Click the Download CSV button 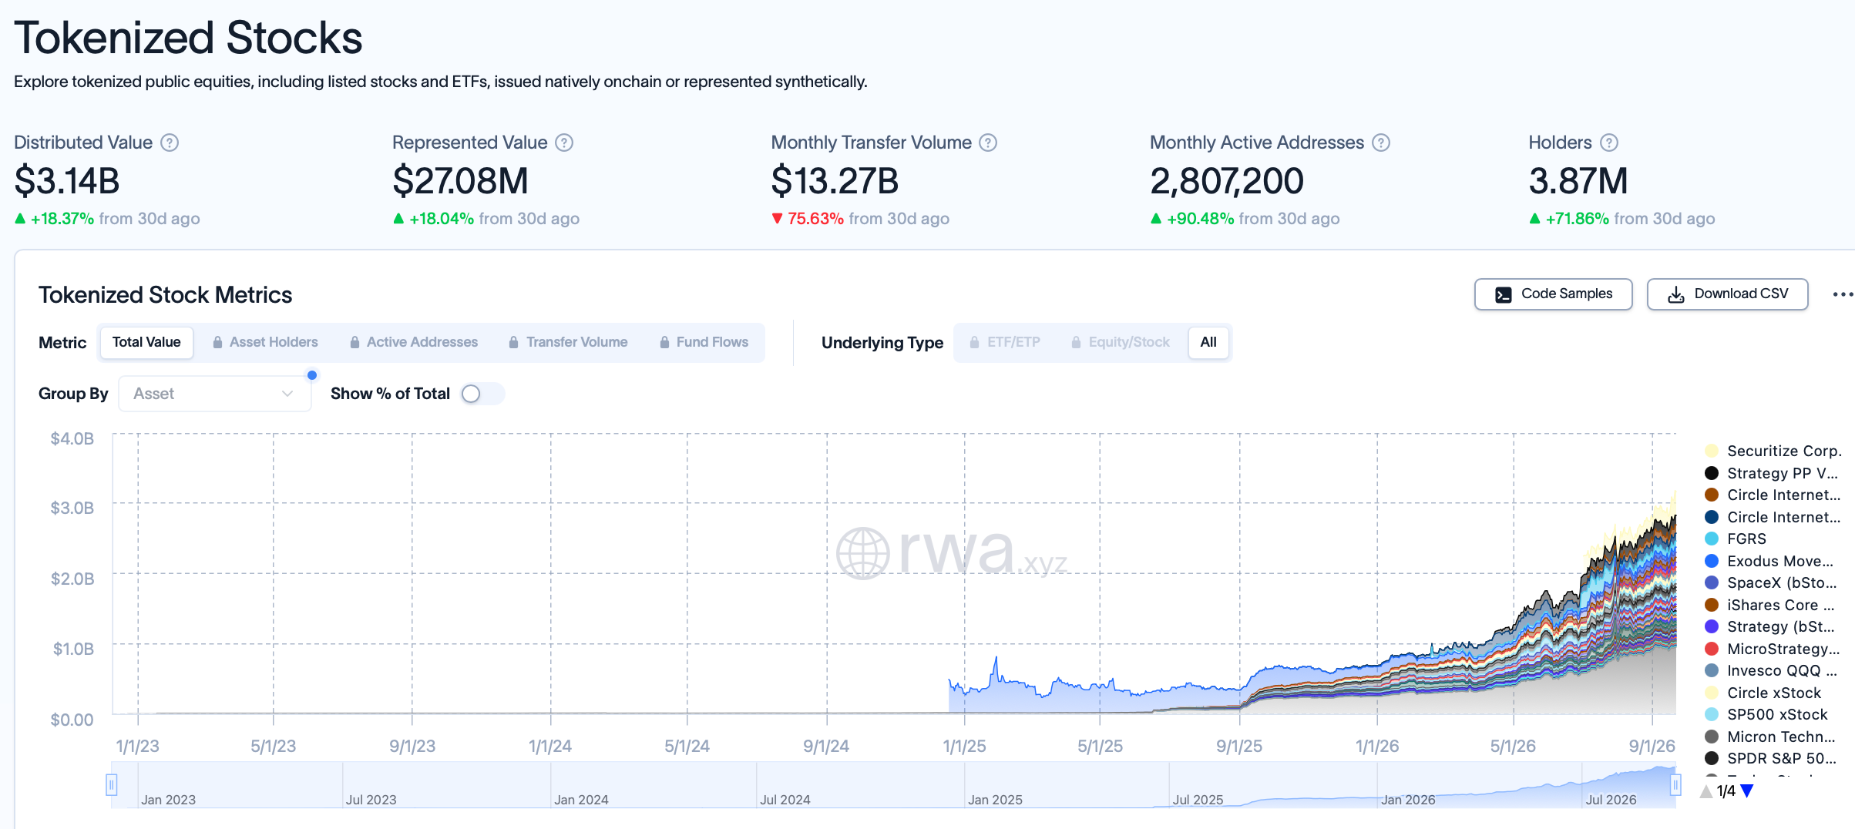1727,294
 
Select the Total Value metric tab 146,342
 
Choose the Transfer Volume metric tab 569,342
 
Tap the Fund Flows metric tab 704,342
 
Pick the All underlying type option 1208,342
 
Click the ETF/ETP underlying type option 1005,342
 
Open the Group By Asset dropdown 215,394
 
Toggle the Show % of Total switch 482,394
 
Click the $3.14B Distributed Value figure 67,181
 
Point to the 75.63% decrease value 815,219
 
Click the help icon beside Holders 1609,143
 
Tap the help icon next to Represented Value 564,143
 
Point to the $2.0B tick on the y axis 72,579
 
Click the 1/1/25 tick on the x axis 964,746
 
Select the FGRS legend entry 1746,539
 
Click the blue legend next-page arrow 1747,790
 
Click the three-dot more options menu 1843,294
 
